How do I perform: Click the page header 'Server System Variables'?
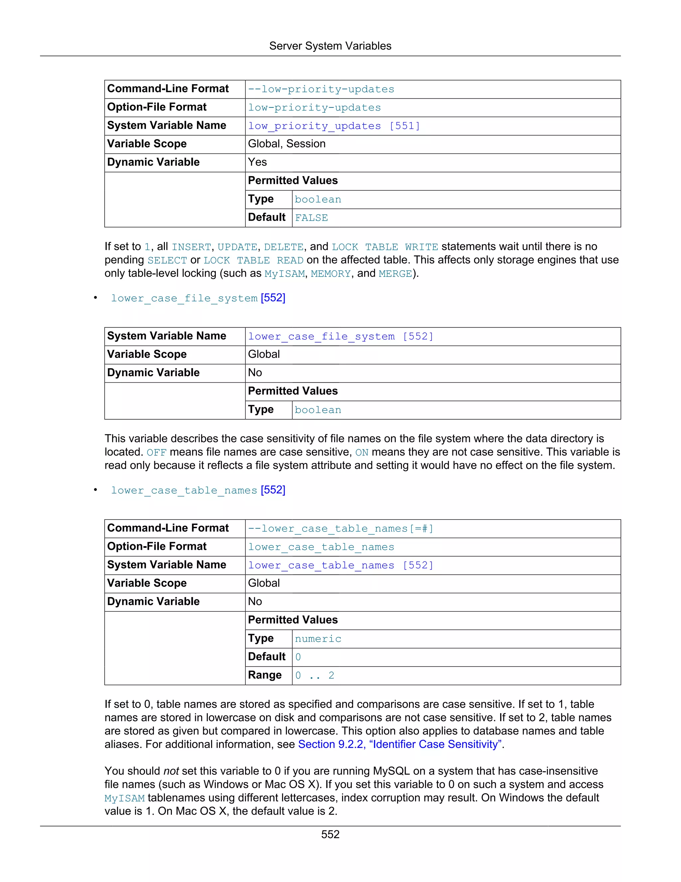coord(330,46)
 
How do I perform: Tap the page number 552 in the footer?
coord(330,834)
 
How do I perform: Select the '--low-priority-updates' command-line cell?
coord(321,89)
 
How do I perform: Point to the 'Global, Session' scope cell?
coord(286,144)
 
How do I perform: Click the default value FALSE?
coord(311,218)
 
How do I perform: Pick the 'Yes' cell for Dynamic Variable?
coord(257,162)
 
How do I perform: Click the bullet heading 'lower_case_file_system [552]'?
coord(198,298)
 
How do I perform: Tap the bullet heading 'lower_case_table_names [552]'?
coord(198,490)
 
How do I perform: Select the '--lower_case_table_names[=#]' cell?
coord(340,529)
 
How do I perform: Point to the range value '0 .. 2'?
coord(314,676)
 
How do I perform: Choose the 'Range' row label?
coord(265,675)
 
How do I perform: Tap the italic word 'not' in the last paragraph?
coord(171,771)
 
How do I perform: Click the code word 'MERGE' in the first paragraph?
coord(395,274)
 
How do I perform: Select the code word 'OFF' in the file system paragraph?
coord(156,453)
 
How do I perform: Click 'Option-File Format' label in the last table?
coord(157,547)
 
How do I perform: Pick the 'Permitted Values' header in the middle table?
coord(293,391)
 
